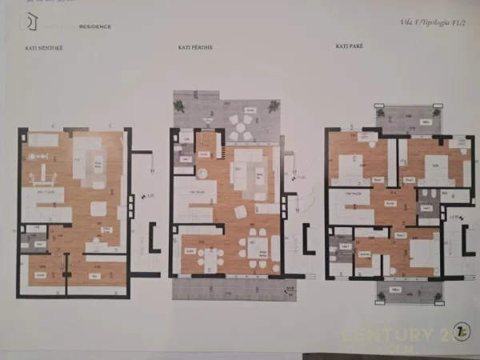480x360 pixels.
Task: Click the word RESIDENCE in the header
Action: coord(95,26)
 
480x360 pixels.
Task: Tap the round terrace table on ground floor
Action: coord(241,126)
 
